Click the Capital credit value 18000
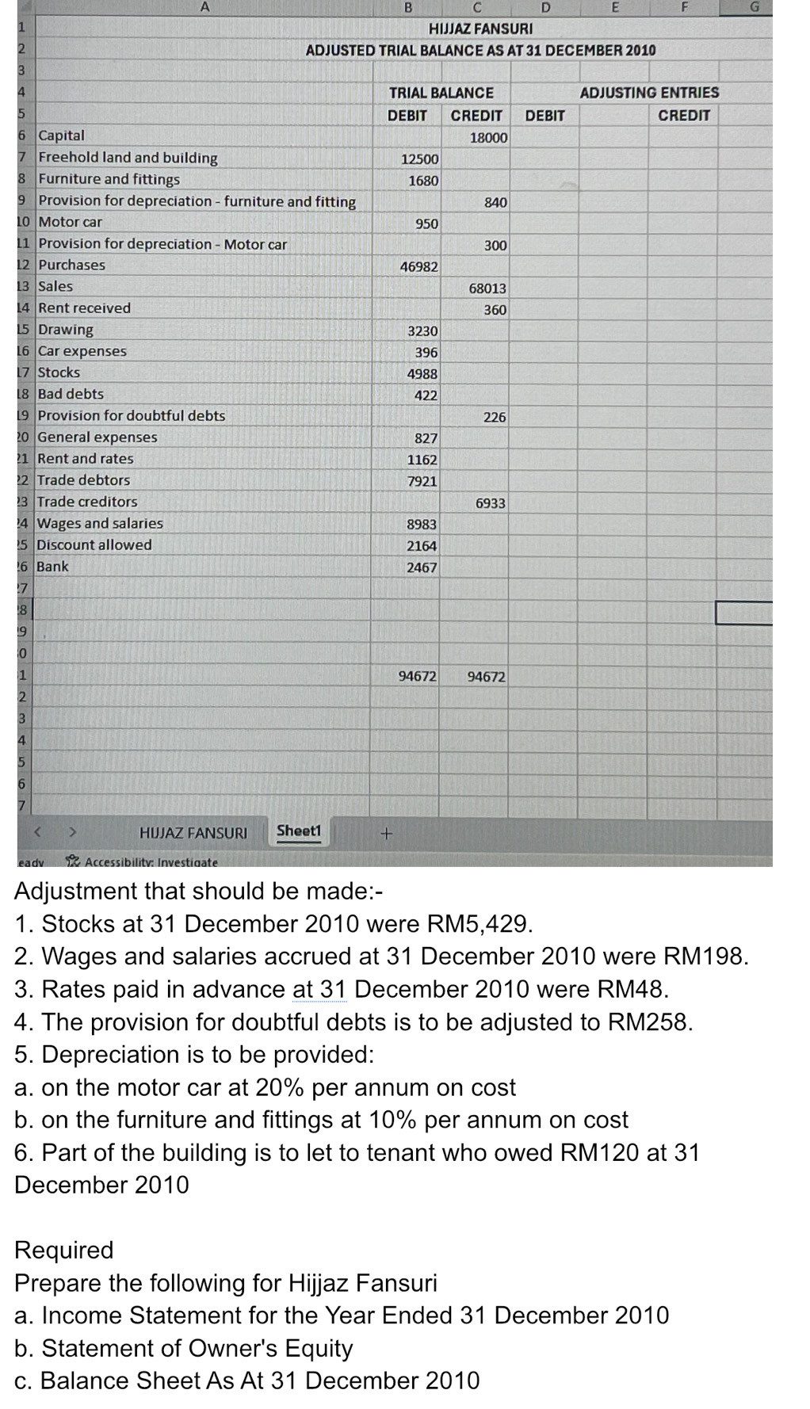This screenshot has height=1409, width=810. pyautogui.click(x=488, y=137)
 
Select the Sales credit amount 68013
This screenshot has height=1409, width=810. pyautogui.click(x=487, y=288)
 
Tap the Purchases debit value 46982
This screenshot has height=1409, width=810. pyautogui.click(x=418, y=267)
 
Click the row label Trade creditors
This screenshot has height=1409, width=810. pyautogui.click(x=87, y=502)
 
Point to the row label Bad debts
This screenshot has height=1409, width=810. pyautogui.click(x=71, y=394)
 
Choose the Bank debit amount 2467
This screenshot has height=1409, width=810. pyautogui.click(x=422, y=567)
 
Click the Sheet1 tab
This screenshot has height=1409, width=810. pyautogui.click(x=299, y=831)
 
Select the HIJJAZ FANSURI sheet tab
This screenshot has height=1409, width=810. pyautogui.click(x=193, y=833)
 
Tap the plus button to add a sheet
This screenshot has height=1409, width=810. pyautogui.click(x=387, y=834)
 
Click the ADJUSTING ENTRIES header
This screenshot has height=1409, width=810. pyautogui.click(x=649, y=93)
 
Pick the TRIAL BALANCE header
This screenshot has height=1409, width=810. pyautogui.click(x=441, y=93)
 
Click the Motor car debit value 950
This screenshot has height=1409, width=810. pyautogui.click(x=426, y=224)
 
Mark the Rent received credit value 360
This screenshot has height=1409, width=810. pyautogui.click(x=495, y=310)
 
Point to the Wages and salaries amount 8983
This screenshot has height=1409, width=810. pyautogui.click(x=422, y=525)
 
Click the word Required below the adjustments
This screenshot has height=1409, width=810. pyautogui.click(x=64, y=1250)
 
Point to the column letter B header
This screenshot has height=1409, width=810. pyautogui.click(x=408, y=8)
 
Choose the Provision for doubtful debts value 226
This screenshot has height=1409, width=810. pyautogui.click(x=495, y=417)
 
